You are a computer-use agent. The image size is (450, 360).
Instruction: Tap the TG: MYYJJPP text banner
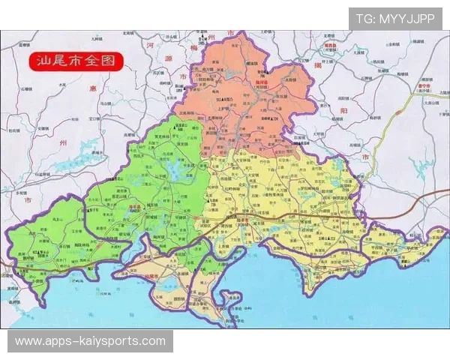coord(395,19)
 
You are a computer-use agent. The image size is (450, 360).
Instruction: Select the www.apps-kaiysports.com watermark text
coord(90,341)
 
